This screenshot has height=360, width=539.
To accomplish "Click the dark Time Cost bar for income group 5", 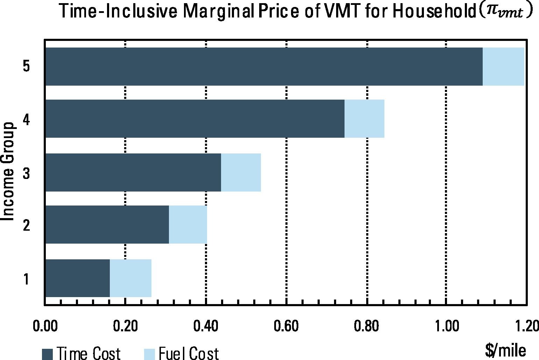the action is (264, 66).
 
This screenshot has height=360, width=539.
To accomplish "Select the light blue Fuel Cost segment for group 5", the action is (503, 66).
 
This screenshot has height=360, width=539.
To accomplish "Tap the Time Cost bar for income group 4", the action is (195, 118).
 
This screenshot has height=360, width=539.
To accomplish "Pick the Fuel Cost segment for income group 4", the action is (364, 118).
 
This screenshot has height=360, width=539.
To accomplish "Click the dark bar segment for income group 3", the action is (133, 172).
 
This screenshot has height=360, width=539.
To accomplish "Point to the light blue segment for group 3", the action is (241, 172).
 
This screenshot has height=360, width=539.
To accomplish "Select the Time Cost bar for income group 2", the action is (107, 224).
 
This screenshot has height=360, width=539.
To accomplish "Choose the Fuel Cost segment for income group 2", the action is (188, 224).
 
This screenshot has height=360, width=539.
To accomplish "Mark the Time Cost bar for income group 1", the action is (78, 278).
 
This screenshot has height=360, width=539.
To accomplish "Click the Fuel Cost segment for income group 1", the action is (131, 278).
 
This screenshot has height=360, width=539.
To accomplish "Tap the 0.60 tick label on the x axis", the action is (286, 326).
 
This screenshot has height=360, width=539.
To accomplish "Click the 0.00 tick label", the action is (45, 326).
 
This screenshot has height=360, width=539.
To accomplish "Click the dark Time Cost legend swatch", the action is (47, 354).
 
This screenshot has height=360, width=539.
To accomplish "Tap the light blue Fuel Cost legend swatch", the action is (149, 354).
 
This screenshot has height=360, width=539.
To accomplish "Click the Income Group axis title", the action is (8, 171).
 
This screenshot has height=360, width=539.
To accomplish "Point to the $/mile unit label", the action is (505, 351).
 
